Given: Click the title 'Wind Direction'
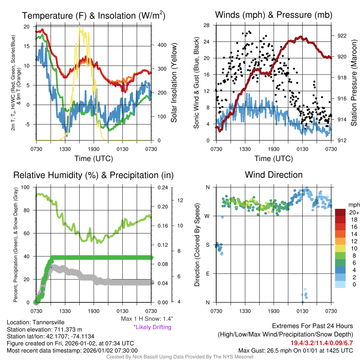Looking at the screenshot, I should (274, 175).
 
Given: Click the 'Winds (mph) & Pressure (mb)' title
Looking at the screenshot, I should (274, 15).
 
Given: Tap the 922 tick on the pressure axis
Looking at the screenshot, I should (342, 36).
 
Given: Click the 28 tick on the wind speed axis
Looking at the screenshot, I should (207, 25).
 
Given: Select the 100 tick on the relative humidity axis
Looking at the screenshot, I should (26, 187).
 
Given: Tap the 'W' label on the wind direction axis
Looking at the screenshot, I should (207, 216).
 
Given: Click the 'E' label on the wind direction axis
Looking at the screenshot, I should (208, 274).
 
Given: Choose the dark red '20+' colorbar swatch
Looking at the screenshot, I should (341, 212).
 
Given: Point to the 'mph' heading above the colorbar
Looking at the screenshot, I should (353, 205).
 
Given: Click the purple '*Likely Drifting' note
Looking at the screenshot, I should (152, 327).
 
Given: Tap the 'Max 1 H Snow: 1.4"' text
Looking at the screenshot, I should (147, 319).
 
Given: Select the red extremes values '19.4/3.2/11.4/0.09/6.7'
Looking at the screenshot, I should (322, 343).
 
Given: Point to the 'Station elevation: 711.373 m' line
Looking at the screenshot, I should (44, 329).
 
